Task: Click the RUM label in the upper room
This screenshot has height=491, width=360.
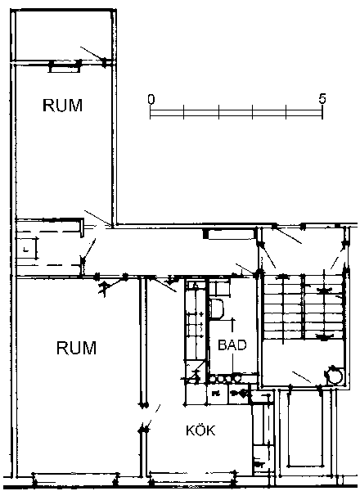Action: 63,106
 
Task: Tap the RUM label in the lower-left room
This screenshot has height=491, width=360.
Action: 76,348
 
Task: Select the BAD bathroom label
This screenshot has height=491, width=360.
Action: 232,345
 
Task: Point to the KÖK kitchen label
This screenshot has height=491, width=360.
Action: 200,430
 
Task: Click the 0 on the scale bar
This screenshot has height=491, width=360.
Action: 151,99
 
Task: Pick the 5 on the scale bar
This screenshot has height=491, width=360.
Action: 322,99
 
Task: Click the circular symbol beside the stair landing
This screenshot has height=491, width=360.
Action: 334,375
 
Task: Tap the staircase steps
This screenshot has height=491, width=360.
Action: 304,307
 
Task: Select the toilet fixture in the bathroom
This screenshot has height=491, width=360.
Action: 218,309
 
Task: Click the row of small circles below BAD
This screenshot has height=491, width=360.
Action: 225,379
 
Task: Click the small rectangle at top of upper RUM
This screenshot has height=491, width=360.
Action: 64,67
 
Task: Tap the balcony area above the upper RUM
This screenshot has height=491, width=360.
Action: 64,35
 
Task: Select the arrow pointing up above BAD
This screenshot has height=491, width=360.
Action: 232,325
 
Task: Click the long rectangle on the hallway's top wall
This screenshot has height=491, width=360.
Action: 231,234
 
